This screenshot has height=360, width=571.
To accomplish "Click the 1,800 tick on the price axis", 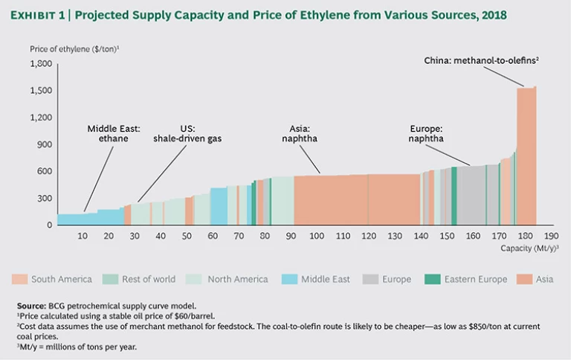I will tap(41, 64).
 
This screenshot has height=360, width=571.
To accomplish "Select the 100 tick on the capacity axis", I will tap(317, 236).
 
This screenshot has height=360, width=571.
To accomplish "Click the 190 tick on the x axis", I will tap(551, 236).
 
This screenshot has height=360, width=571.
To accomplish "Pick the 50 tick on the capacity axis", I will tap(187, 236).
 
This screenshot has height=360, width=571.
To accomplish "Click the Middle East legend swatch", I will tap(290, 279).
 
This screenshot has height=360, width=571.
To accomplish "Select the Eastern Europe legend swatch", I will tap(433, 279).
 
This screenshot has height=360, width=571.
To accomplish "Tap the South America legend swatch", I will tap(20, 279).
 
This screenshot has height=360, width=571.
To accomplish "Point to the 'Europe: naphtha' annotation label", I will tap(426, 132).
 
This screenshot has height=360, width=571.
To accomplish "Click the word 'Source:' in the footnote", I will tap(32, 305).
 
